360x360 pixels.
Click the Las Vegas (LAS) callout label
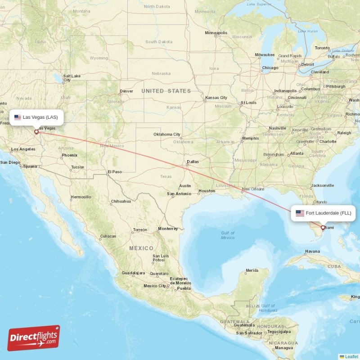tap(36, 117)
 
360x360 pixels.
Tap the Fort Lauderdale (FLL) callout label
tap(323, 213)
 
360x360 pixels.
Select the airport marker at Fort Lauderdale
tap(323, 228)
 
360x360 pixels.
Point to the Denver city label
tap(126, 91)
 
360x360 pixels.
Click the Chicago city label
tap(270, 68)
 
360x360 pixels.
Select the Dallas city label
tap(193, 162)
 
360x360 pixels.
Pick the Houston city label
tap(207, 191)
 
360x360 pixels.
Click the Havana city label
tap(312, 251)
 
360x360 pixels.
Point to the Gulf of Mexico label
tap(228, 235)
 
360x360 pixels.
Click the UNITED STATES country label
tap(166, 91)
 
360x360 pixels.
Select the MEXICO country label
tap(141, 248)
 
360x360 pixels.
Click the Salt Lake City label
tap(72, 78)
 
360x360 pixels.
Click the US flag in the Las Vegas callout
tap(18, 117)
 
